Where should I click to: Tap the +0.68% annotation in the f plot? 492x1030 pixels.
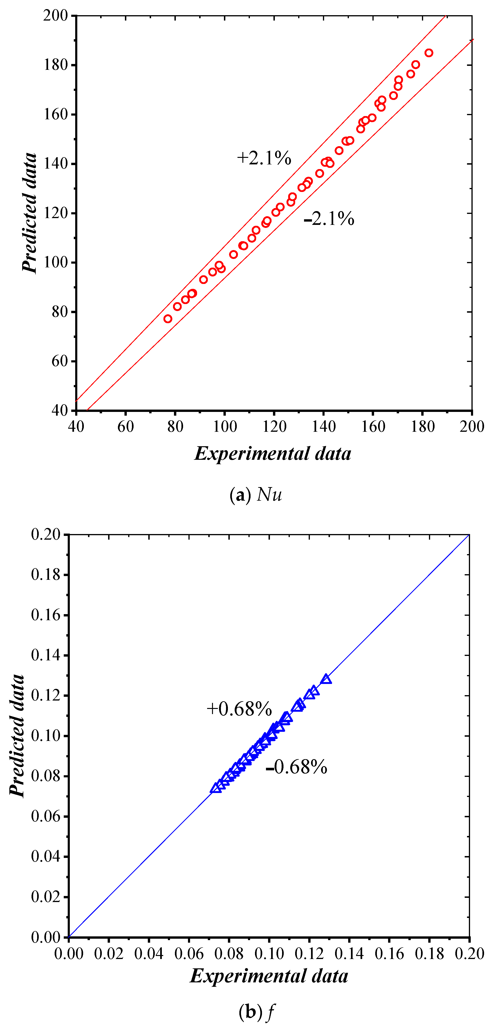[x=239, y=709]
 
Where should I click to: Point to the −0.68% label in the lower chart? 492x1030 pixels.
[x=296, y=767]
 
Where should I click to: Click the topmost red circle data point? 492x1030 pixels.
[x=429, y=53]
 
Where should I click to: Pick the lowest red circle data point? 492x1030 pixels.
[x=168, y=319]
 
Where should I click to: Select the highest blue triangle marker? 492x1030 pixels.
[x=326, y=679]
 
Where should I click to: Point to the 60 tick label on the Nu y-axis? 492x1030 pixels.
[x=60, y=361]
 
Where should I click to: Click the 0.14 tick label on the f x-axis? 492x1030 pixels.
[x=349, y=954]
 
